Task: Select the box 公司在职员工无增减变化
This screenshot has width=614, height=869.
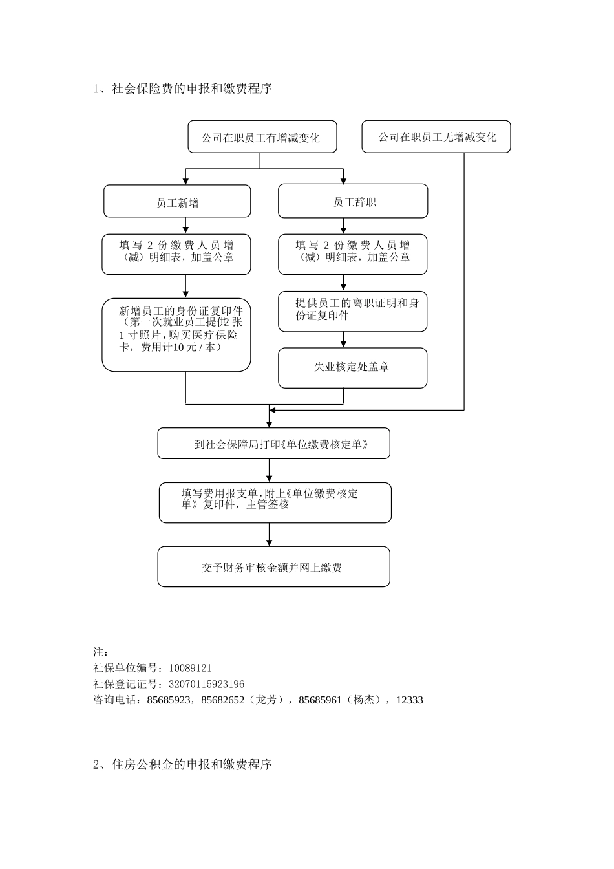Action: click(436, 137)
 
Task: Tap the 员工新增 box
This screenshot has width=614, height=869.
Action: click(177, 202)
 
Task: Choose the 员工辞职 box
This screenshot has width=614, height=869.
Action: click(353, 202)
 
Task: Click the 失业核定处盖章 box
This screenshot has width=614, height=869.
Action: click(352, 367)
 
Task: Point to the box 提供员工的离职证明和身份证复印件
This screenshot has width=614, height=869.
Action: click(352, 311)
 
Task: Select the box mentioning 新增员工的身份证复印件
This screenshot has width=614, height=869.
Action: click(176, 334)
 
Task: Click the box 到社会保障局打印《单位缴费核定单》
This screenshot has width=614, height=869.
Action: click(273, 444)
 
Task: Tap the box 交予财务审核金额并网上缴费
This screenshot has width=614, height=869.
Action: click(273, 567)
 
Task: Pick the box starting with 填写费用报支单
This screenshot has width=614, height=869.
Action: click(275, 502)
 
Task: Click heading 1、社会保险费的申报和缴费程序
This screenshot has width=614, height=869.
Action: click(183, 89)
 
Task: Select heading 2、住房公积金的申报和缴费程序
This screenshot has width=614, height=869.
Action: click(183, 764)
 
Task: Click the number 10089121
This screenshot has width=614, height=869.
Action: click(190, 668)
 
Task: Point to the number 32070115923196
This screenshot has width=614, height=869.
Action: click(206, 684)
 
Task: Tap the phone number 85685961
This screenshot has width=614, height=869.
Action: click(320, 700)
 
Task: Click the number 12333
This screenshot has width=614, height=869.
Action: click(410, 700)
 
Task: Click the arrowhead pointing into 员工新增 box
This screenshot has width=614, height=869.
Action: click(186, 180)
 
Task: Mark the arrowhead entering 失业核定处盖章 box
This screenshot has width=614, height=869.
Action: click(343, 343)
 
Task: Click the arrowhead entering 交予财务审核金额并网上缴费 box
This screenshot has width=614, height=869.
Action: click(270, 542)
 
